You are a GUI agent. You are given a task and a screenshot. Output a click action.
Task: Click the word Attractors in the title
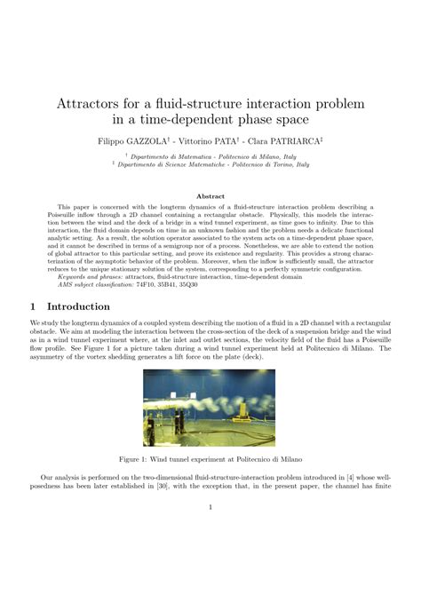[x=94, y=104]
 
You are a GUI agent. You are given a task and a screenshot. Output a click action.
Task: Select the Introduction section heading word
[x=89, y=306]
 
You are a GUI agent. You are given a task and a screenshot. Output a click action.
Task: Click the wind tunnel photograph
[x=210, y=408]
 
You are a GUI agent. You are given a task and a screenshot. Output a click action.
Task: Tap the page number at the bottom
[x=210, y=508]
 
